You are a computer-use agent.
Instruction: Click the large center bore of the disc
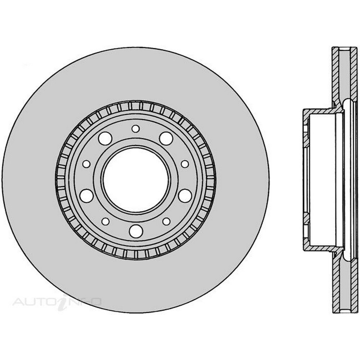pos(136,179)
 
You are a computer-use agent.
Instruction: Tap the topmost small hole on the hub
pos(136,129)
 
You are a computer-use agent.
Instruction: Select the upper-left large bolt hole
pos(105,139)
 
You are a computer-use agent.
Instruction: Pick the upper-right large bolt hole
pos(166,139)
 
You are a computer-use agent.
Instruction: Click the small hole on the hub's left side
pos(86,164)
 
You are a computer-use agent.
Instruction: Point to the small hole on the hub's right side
pos(185,164)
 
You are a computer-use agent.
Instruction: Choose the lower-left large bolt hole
pos(86,195)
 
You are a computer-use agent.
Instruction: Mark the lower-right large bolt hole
pos(185,195)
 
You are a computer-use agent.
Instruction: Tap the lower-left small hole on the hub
pos(105,221)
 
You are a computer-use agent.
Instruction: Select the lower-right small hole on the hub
pos(166,221)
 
